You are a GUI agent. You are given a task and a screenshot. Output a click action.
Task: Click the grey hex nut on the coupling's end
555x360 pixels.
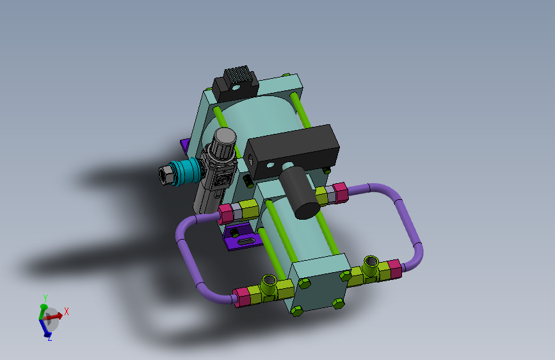(x=165, y=175)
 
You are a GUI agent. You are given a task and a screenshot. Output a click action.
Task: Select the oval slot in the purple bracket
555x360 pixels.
(x=246, y=241)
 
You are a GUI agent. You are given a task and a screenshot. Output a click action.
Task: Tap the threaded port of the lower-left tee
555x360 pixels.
(x=268, y=280)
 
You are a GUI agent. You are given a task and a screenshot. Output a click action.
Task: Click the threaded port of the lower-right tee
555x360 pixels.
(x=371, y=261)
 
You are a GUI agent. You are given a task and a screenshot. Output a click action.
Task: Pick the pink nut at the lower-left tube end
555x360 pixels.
(x=242, y=297)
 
